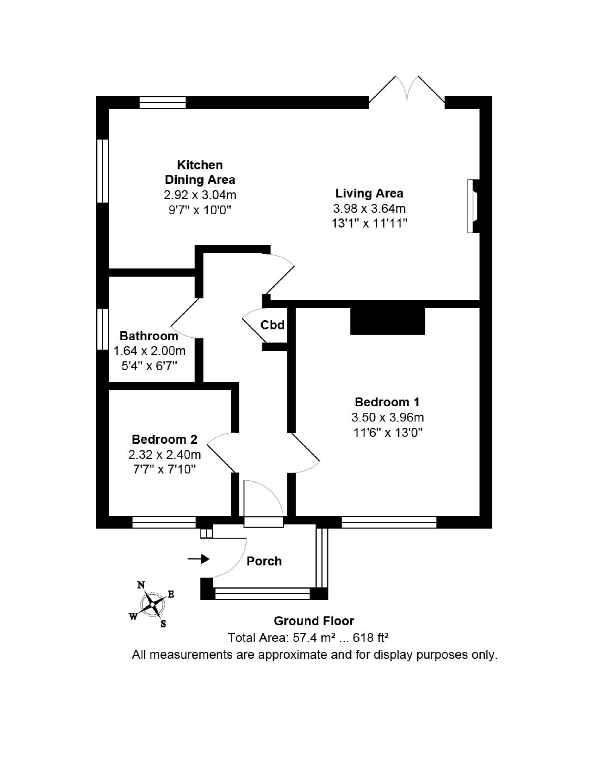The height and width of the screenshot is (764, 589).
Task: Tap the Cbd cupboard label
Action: [x=273, y=325]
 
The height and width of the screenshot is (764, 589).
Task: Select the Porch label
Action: [x=264, y=561]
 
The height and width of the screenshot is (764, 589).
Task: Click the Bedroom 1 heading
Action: [x=387, y=402]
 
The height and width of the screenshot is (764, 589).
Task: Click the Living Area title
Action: [x=369, y=193]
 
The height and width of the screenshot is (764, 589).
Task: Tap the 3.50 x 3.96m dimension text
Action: [x=387, y=417]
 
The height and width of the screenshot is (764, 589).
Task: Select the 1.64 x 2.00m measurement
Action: [x=150, y=351]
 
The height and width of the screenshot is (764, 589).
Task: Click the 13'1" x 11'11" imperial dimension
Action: [x=369, y=223]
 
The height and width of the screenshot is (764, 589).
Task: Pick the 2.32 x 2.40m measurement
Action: [x=165, y=455]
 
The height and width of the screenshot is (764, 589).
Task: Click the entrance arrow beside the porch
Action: [x=199, y=559]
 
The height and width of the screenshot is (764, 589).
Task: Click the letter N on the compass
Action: [x=141, y=585]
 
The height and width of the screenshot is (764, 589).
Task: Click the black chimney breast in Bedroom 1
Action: [x=388, y=321]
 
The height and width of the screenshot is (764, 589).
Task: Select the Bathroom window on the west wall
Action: [x=103, y=329]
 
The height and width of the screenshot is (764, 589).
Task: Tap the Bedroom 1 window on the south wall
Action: [x=389, y=522]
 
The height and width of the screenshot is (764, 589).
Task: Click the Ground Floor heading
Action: [x=314, y=621]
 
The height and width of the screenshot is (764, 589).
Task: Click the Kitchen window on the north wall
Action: [x=163, y=103]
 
